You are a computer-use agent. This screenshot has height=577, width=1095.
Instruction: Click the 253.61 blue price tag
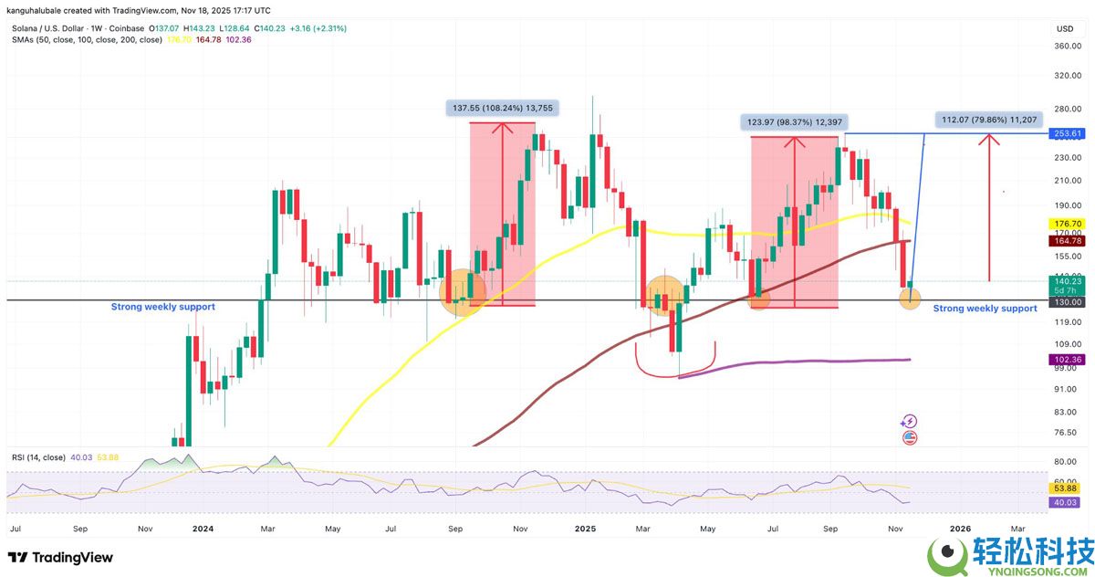point(1067,133)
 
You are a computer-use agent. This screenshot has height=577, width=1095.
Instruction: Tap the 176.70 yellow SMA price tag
point(1067,223)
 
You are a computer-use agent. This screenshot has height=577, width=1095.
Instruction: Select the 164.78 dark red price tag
point(1067,241)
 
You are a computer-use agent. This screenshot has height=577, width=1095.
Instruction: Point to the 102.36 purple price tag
point(1067,360)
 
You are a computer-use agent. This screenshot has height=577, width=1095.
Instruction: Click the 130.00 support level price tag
point(1067,301)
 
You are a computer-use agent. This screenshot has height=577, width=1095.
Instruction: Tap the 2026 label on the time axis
point(960,529)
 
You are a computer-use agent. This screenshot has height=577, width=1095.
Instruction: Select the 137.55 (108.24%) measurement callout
point(503,108)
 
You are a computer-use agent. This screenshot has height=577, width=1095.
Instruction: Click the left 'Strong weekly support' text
point(163,307)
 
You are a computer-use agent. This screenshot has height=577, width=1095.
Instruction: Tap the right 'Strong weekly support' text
point(985,309)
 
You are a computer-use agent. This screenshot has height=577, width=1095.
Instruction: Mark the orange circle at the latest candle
point(910,298)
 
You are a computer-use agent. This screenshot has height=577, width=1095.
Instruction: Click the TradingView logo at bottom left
point(60,557)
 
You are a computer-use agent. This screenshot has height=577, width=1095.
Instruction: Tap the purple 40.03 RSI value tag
point(1067,502)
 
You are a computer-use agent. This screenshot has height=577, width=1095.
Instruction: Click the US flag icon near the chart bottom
point(909,438)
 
